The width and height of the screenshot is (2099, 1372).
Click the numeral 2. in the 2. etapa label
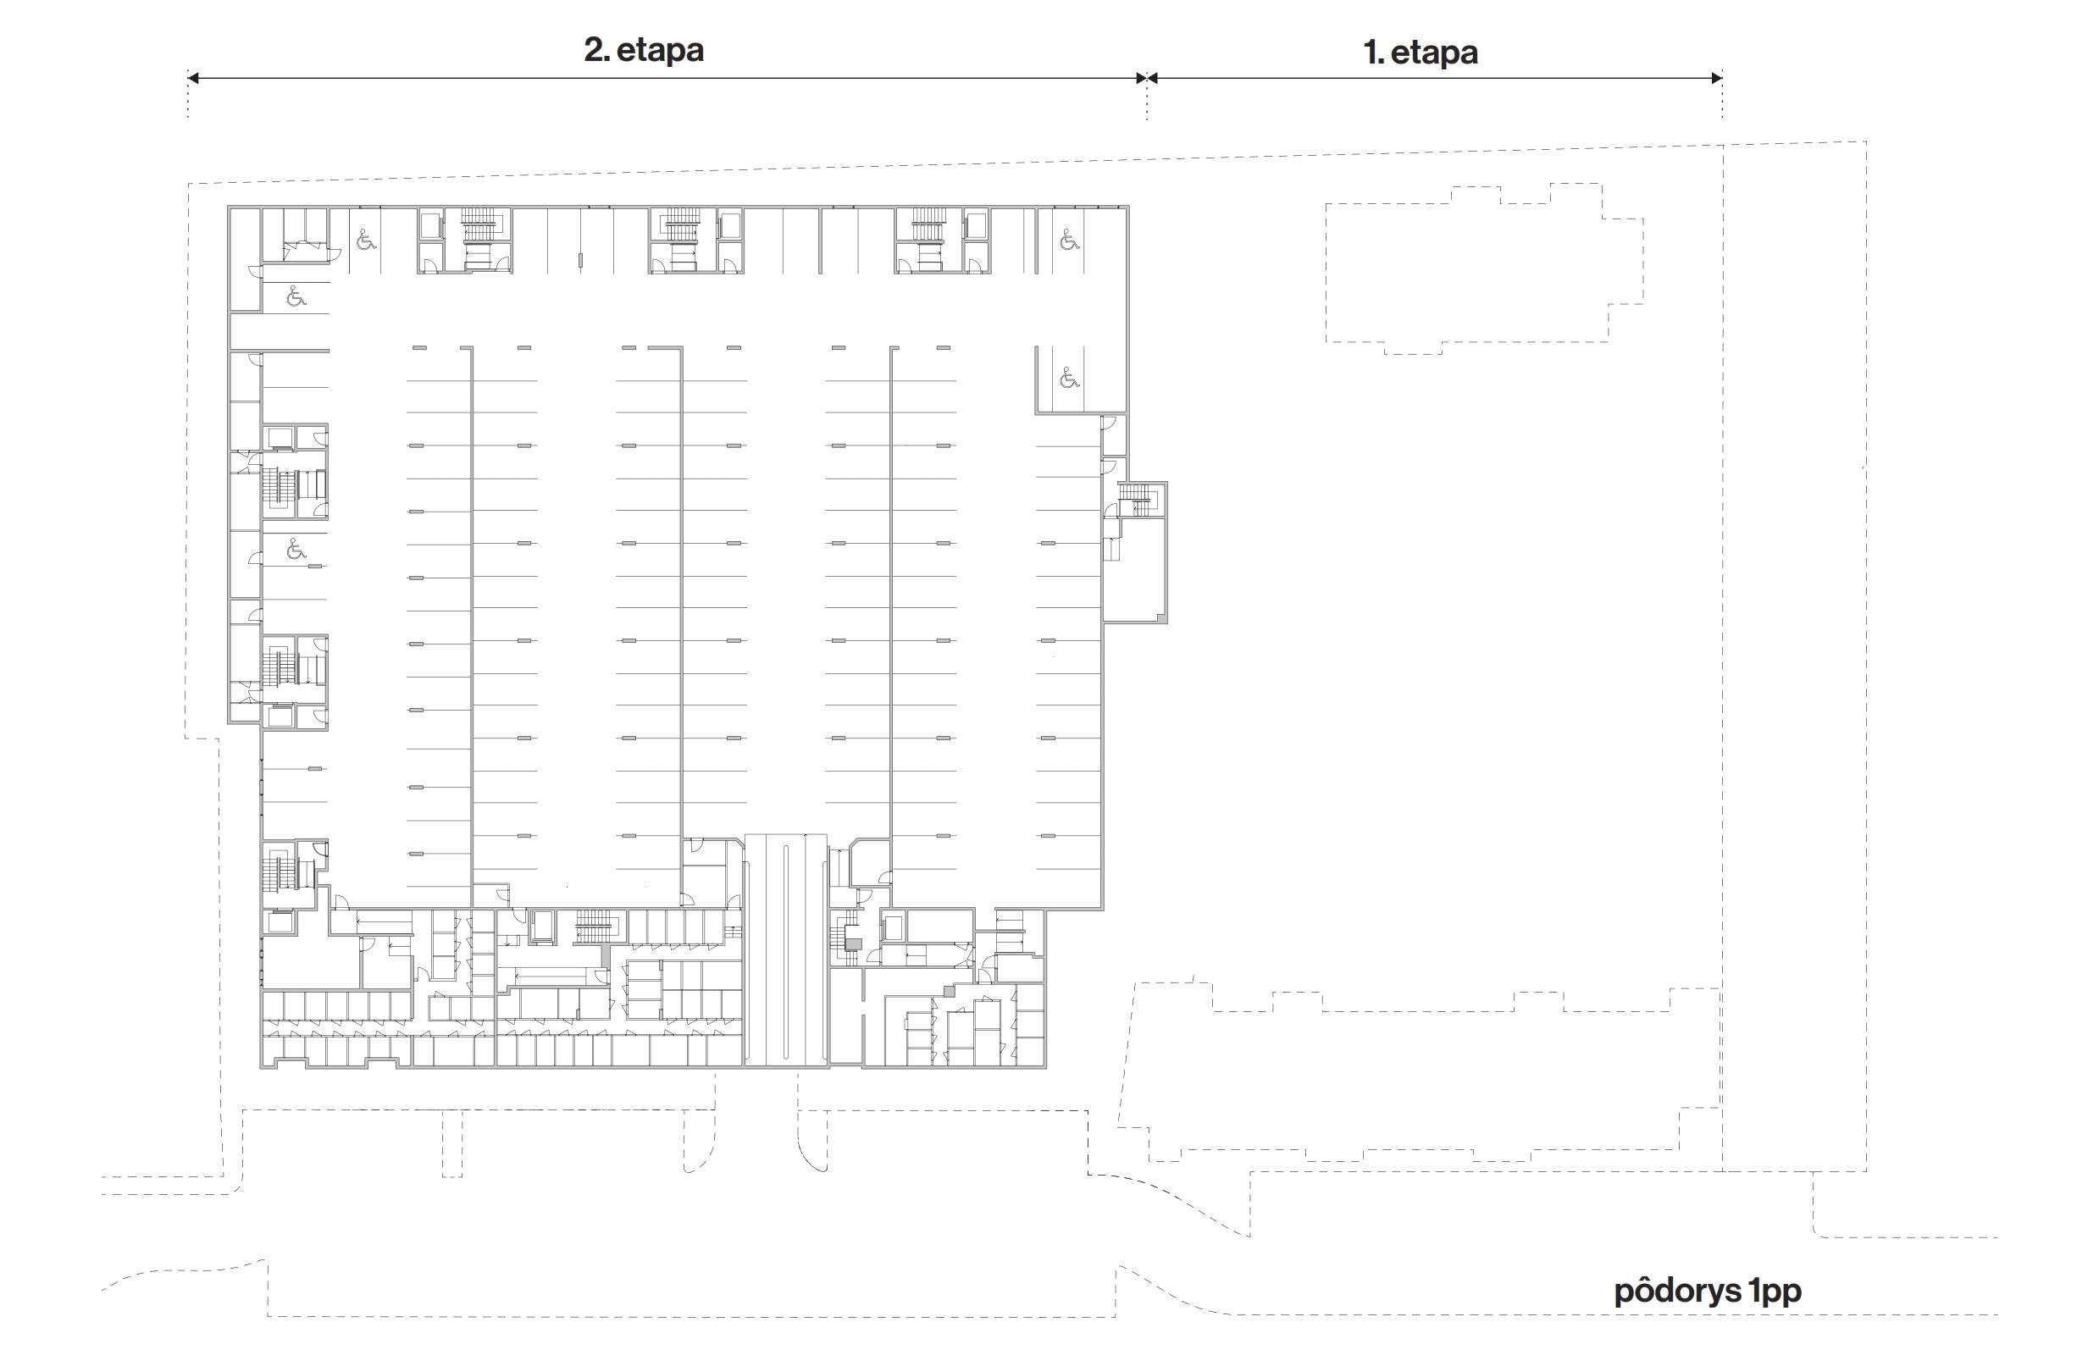tap(596, 49)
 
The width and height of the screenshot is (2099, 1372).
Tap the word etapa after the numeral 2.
tap(660, 51)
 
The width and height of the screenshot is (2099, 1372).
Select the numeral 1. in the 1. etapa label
tap(1373, 53)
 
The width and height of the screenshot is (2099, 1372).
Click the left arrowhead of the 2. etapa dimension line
tap(193, 78)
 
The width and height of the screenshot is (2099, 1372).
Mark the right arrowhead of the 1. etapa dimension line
tap(1716, 78)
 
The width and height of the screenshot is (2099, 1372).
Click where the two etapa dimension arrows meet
tap(1147, 78)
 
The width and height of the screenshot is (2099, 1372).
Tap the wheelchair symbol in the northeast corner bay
tap(1069, 239)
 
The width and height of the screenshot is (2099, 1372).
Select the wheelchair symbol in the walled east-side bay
tap(1069, 379)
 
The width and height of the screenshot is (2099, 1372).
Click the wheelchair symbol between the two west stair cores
tap(296, 550)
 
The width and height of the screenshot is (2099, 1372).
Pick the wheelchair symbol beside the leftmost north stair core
tap(366, 239)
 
